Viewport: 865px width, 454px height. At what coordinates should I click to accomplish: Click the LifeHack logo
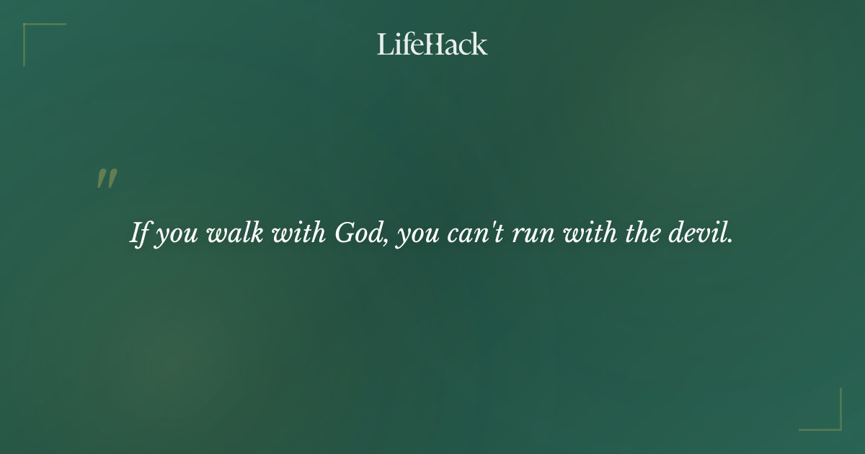(x=432, y=44)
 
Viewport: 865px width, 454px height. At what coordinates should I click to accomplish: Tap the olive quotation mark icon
(x=107, y=179)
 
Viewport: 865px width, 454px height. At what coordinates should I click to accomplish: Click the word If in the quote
(x=141, y=233)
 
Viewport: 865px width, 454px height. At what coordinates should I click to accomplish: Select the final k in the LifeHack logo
(x=480, y=44)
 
